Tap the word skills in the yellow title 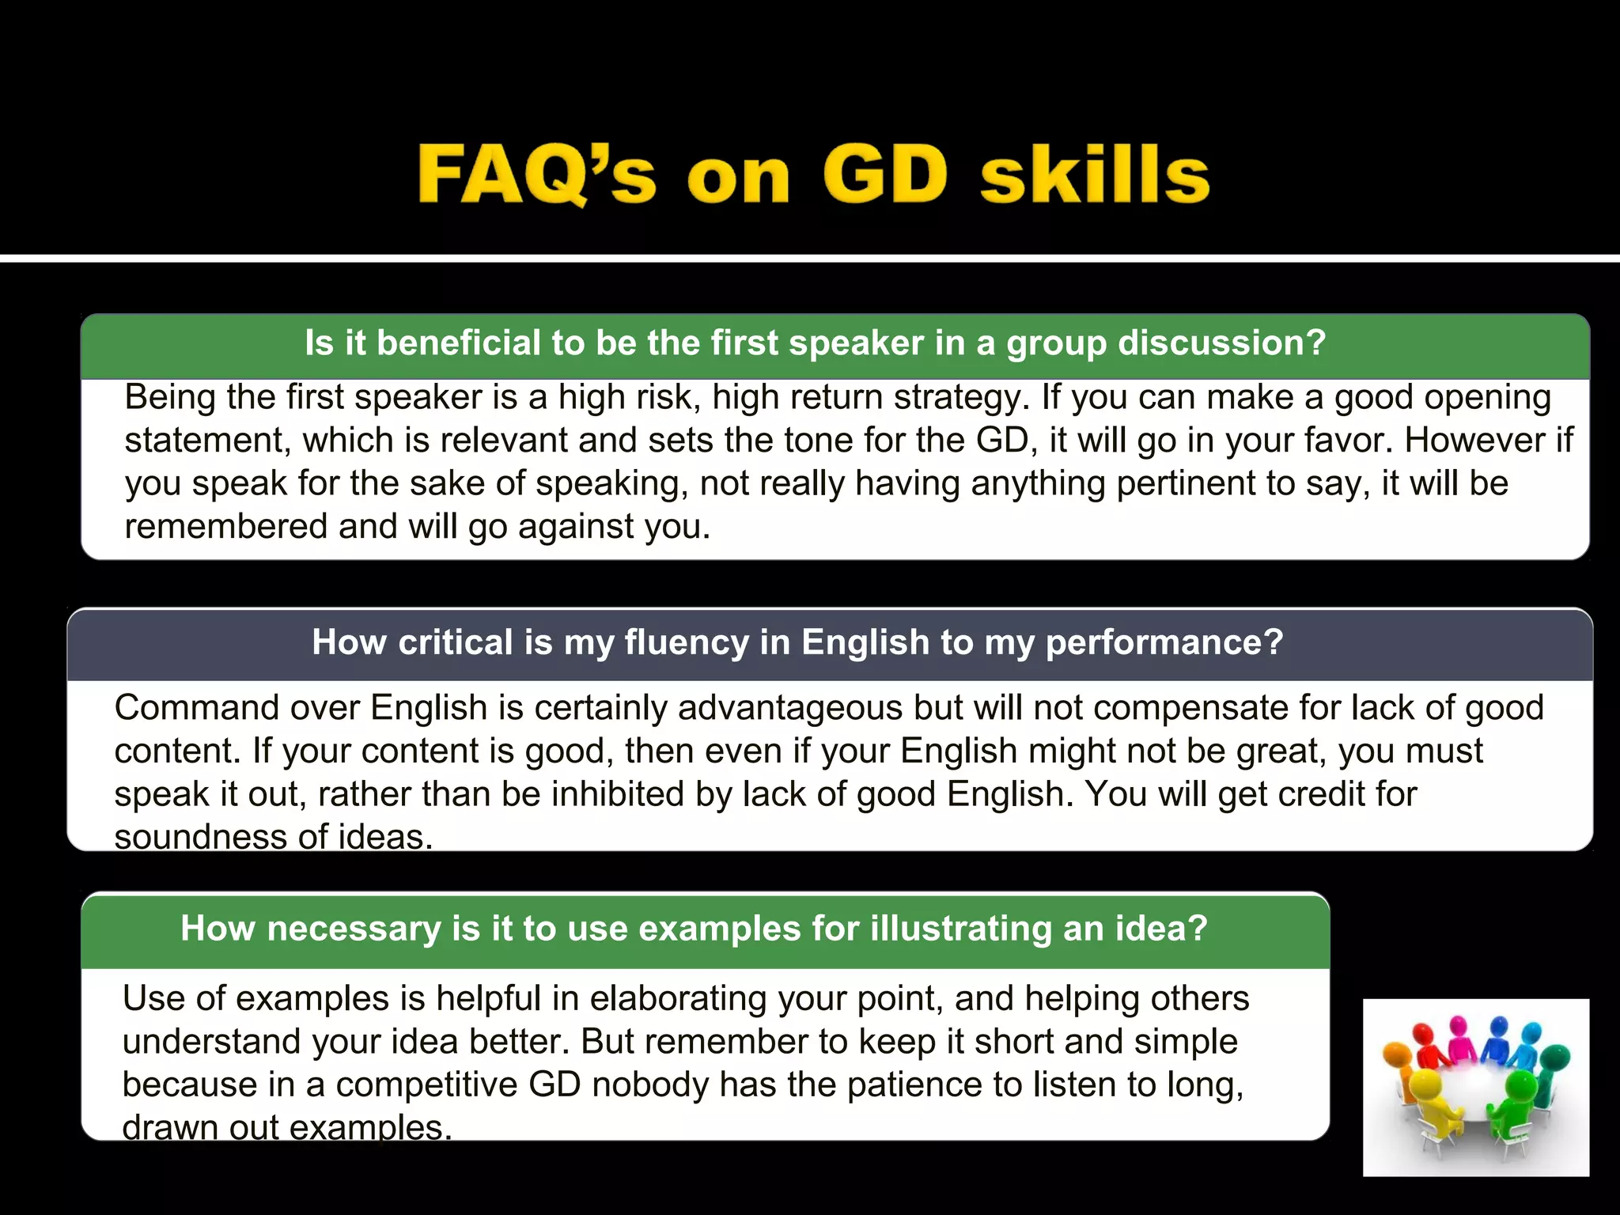click(x=1095, y=174)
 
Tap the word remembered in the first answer click(x=225, y=527)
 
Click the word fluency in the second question click(x=686, y=642)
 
